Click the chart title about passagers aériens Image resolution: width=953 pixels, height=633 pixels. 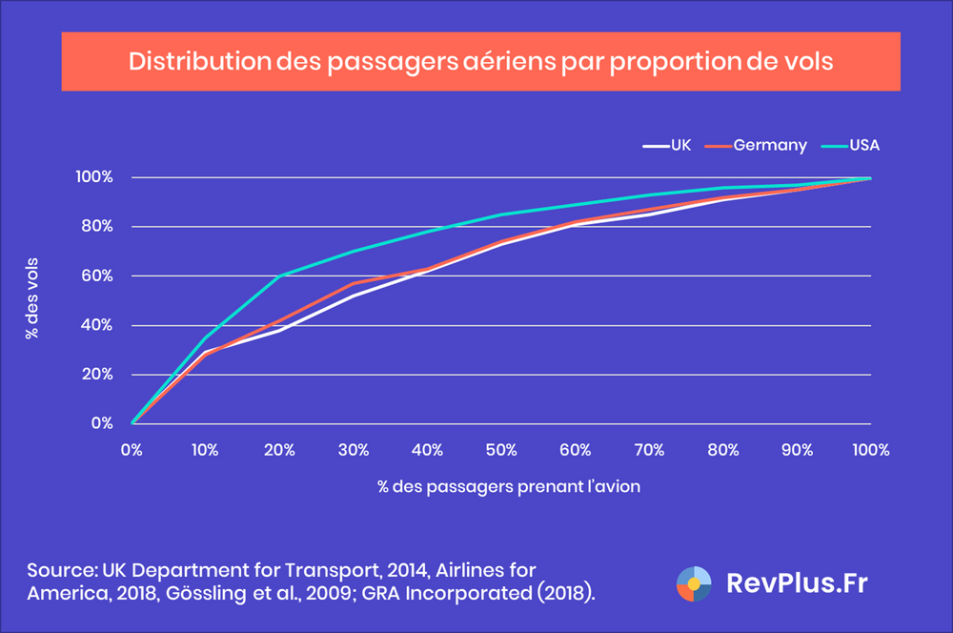481,61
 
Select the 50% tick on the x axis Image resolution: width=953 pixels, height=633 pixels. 501,448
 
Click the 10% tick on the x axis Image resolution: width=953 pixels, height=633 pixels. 206,448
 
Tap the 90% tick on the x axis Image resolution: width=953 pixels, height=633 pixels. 797,448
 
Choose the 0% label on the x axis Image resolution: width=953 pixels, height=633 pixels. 132,448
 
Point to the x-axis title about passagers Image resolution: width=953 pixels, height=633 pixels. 501,486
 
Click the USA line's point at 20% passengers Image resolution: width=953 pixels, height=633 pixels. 280,276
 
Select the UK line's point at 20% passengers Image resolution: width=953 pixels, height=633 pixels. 280,330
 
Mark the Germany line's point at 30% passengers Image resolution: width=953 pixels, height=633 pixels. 354,283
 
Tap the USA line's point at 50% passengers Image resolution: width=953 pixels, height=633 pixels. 501,214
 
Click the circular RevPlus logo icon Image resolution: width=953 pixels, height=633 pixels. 693,584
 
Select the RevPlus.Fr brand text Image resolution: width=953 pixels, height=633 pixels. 797,584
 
